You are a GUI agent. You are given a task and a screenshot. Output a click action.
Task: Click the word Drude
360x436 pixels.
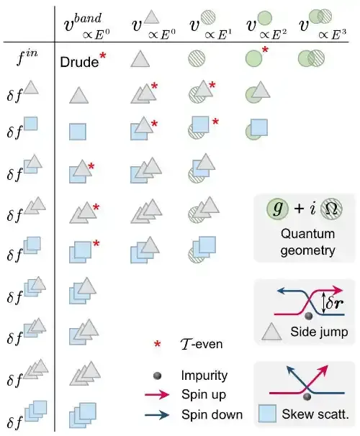[79, 62]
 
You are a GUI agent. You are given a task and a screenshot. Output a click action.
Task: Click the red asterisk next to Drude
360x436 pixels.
[103, 56]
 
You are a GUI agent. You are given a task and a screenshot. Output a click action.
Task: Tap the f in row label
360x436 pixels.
[27, 58]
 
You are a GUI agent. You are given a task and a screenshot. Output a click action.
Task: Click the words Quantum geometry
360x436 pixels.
[307, 242]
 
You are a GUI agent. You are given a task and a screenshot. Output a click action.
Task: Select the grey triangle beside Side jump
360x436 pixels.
[271, 332]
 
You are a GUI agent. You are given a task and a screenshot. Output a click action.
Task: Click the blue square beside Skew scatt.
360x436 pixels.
[267, 414]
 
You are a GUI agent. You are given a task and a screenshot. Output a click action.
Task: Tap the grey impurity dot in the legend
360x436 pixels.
[157, 376]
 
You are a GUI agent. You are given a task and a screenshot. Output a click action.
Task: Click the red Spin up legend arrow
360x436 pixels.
[157, 394]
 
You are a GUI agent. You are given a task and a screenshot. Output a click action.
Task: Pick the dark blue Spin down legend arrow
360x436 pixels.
[157, 415]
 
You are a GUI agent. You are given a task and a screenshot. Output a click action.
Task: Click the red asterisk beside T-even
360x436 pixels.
[157, 344]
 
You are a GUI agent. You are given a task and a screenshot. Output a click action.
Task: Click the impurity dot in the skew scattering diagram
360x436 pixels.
[307, 396]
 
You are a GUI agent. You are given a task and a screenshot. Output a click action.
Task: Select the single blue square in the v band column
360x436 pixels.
[78, 132]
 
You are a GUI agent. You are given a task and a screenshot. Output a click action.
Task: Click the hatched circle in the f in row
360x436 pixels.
[197, 58]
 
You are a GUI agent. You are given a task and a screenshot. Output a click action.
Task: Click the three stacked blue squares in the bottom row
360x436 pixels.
[83, 415]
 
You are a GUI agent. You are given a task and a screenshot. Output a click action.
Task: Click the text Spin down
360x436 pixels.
[212, 414]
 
